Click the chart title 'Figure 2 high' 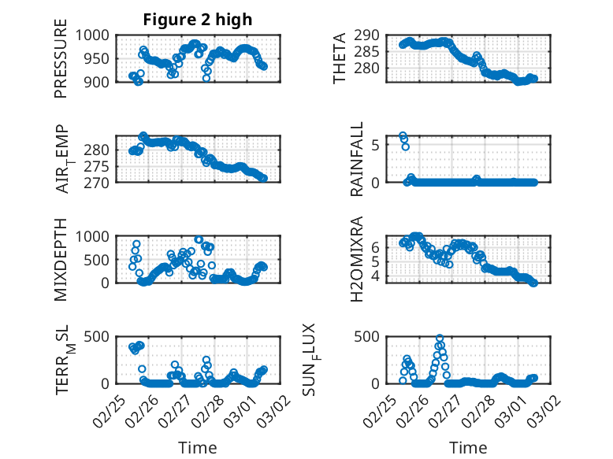(197, 20)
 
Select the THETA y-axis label (340, 57)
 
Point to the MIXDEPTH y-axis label (61, 259)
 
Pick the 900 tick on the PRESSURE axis (99, 81)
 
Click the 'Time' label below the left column (197, 447)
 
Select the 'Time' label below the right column (468, 447)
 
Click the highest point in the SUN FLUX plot (440, 339)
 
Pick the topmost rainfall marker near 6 (403, 136)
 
